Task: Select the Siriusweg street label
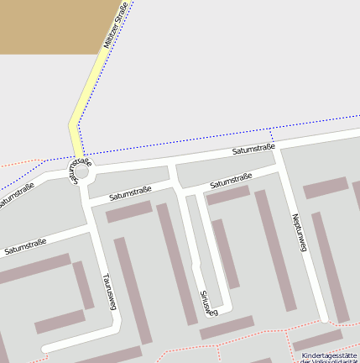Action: coord(209,303)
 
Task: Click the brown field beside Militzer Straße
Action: coord(50,25)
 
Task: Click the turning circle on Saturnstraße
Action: coord(81,171)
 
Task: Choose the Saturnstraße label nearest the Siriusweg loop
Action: coord(231,180)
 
